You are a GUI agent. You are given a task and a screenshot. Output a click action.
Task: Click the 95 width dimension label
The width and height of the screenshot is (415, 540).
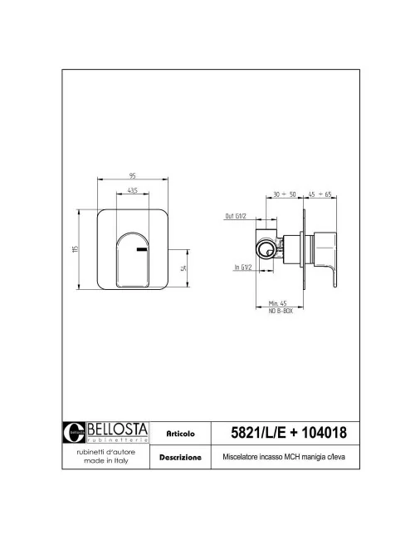pos(133,175)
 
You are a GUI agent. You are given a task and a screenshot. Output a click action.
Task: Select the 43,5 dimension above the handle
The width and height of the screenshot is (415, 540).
pos(133,192)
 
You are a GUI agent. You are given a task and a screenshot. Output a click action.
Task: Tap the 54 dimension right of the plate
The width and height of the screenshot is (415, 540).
pos(183,268)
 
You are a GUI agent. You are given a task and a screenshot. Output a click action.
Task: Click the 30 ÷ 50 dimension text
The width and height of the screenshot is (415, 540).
pos(285,194)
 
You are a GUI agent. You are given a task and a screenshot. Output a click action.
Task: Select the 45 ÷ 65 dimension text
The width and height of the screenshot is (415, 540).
pos(320,194)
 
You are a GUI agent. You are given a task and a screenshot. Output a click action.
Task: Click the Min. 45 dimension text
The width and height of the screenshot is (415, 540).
pos(278,304)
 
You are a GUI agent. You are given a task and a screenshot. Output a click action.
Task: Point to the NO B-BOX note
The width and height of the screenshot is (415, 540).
pos(278,311)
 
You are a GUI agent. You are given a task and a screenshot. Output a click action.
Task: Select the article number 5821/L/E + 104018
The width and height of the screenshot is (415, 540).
pos(287,433)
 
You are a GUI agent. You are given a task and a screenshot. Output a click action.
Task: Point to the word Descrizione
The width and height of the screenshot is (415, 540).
pos(180,457)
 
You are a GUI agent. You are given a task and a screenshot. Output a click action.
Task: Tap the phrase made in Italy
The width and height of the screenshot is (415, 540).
pos(105,461)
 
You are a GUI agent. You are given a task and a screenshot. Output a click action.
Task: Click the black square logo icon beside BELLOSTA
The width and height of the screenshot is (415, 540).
pos(75,431)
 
